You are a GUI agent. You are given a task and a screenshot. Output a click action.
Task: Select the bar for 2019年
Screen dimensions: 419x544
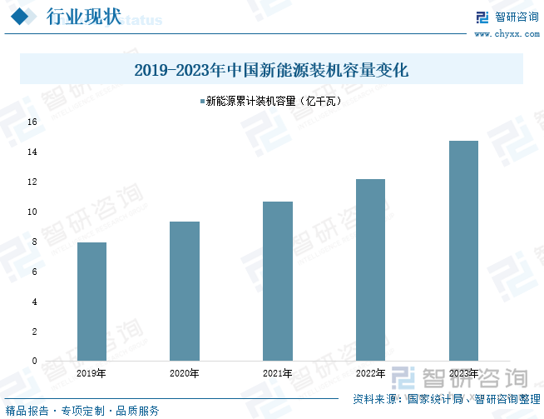91,302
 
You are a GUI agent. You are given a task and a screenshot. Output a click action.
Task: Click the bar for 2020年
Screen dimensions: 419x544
185,291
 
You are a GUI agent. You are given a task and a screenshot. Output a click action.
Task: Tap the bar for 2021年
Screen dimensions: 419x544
278,281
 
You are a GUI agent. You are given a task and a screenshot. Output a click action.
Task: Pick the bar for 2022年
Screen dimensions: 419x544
370,270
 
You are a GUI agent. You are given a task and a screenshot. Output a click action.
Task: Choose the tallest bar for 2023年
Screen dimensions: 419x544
463,251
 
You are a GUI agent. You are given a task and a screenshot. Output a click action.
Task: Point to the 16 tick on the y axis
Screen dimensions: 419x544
33,122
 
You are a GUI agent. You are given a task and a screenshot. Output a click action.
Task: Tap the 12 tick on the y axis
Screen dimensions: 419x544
33,182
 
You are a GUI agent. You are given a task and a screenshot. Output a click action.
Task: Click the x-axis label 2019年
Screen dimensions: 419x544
91,373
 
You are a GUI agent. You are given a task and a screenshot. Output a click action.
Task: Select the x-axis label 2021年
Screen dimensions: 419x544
278,373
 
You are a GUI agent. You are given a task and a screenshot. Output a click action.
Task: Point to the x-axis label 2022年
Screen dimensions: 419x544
370,373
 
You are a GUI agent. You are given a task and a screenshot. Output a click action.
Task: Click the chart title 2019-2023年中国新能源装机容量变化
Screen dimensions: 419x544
271,70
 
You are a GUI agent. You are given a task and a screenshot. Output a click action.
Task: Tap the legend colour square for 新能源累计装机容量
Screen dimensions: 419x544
201,102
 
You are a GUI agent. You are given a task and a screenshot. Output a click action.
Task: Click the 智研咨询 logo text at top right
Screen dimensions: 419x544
517,17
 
